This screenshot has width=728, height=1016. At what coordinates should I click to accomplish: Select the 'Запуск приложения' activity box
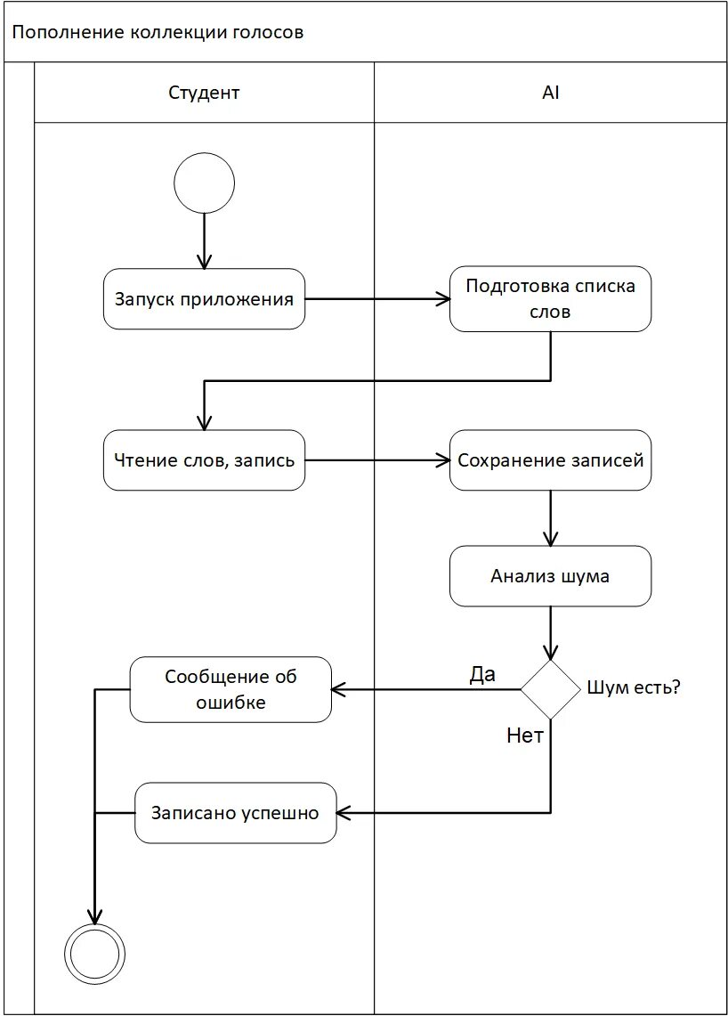click(204, 298)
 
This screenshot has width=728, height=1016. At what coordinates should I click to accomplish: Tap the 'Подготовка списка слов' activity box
click(551, 298)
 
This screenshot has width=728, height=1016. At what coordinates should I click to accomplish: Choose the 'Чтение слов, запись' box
click(204, 460)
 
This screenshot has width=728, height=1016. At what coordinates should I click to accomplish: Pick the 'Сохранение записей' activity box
click(551, 460)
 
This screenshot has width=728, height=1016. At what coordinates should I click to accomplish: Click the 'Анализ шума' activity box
click(551, 576)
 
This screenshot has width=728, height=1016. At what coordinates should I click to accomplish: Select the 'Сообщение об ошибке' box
click(231, 689)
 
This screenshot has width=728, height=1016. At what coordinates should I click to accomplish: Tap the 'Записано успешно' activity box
click(236, 813)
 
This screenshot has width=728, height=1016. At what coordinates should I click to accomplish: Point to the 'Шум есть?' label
click(634, 687)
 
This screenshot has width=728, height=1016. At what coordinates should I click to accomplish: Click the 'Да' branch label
click(482, 674)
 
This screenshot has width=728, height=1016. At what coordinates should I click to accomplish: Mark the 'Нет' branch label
click(524, 736)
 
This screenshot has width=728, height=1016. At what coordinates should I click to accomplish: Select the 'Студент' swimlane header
click(204, 93)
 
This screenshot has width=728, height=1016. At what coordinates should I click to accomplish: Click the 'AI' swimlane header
click(551, 93)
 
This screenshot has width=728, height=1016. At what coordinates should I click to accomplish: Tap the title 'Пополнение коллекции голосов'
click(158, 32)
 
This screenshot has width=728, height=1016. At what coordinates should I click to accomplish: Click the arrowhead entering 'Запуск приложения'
click(204, 262)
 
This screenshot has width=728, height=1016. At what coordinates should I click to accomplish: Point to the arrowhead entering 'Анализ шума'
click(551, 539)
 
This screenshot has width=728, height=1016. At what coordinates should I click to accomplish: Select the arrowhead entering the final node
click(95, 916)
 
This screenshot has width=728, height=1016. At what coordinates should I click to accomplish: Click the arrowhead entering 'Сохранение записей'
click(443, 460)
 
